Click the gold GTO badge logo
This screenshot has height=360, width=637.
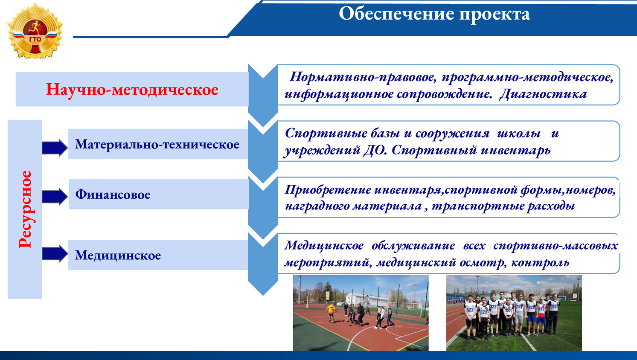click(35, 31)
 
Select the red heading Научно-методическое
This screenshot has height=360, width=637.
click(132, 89)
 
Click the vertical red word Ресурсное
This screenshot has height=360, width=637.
click(25, 209)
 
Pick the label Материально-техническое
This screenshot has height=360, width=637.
click(157, 144)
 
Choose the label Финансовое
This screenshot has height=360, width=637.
click(113, 195)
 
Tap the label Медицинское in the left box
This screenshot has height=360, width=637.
click(118, 255)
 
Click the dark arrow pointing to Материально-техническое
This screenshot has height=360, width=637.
click(55, 148)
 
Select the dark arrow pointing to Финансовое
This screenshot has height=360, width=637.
click(55, 197)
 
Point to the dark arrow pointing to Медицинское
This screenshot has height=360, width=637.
click(55, 253)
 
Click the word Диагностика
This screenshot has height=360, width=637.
click(543, 94)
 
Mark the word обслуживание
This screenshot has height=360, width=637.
click(413, 246)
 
